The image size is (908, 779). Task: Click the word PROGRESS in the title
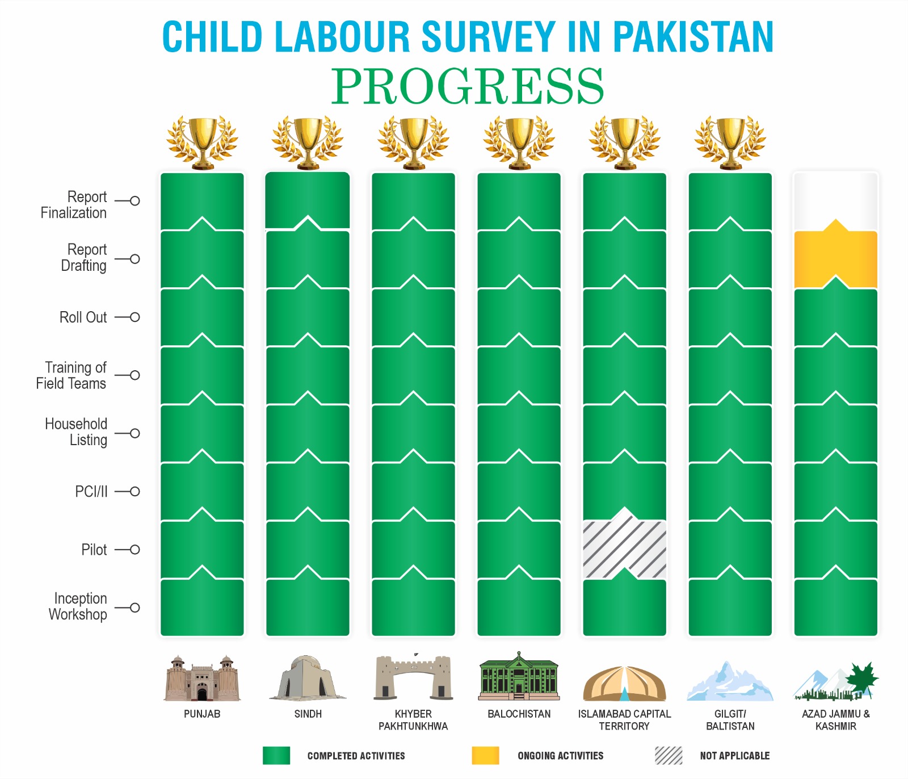tap(468, 86)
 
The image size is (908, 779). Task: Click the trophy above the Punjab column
tap(202, 142)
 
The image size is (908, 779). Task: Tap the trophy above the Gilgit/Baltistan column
tap(730, 142)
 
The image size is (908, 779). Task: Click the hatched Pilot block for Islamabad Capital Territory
tap(624, 548)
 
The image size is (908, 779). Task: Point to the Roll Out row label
tap(83, 317)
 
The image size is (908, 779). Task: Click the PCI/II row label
tap(91, 492)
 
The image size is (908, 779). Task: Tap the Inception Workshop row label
tap(78, 606)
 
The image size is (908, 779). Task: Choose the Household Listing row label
tap(77, 432)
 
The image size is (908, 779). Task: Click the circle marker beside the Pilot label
tap(135, 550)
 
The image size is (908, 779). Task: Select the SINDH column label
tap(308, 714)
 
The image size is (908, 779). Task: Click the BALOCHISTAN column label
tap(519, 714)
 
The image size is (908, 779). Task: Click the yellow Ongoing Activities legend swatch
tap(485, 756)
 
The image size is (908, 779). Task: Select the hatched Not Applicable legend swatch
tap(669, 756)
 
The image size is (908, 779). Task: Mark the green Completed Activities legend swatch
tap(276, 756)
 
